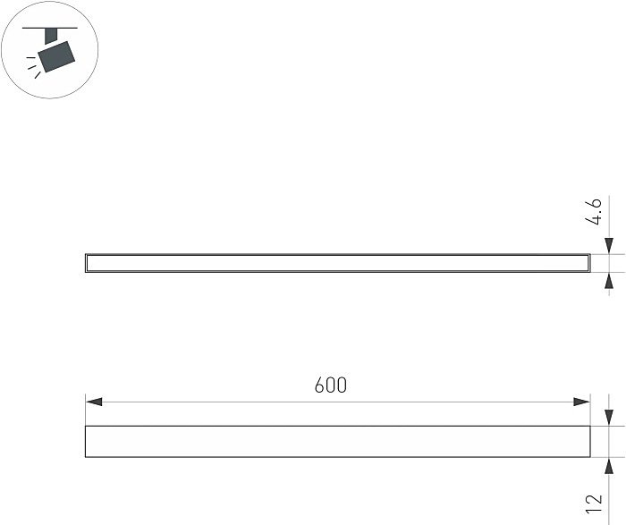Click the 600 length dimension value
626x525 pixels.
[331, 385]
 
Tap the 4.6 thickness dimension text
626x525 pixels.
[593, 212]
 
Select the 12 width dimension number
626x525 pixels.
[594, 504]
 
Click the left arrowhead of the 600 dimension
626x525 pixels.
[94, 402]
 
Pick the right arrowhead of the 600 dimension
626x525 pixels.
[581, 402]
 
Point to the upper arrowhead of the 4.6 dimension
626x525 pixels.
[609, 246]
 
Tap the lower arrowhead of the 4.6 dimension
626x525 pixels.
[609, 281]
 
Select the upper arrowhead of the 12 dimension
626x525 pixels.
[609, 417]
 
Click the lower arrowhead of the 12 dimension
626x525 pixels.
[609, 466]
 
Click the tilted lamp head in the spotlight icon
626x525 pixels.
[56, 56]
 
